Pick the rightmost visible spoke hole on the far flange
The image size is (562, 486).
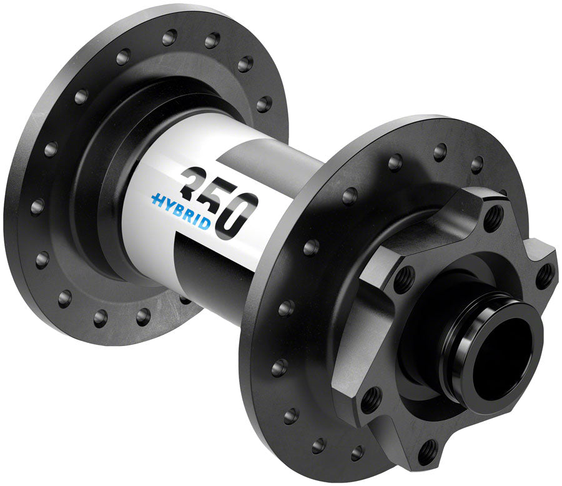tap(264, 104)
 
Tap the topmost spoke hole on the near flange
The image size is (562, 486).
tap(440, 151)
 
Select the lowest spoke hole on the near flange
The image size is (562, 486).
tap(357, 452)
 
